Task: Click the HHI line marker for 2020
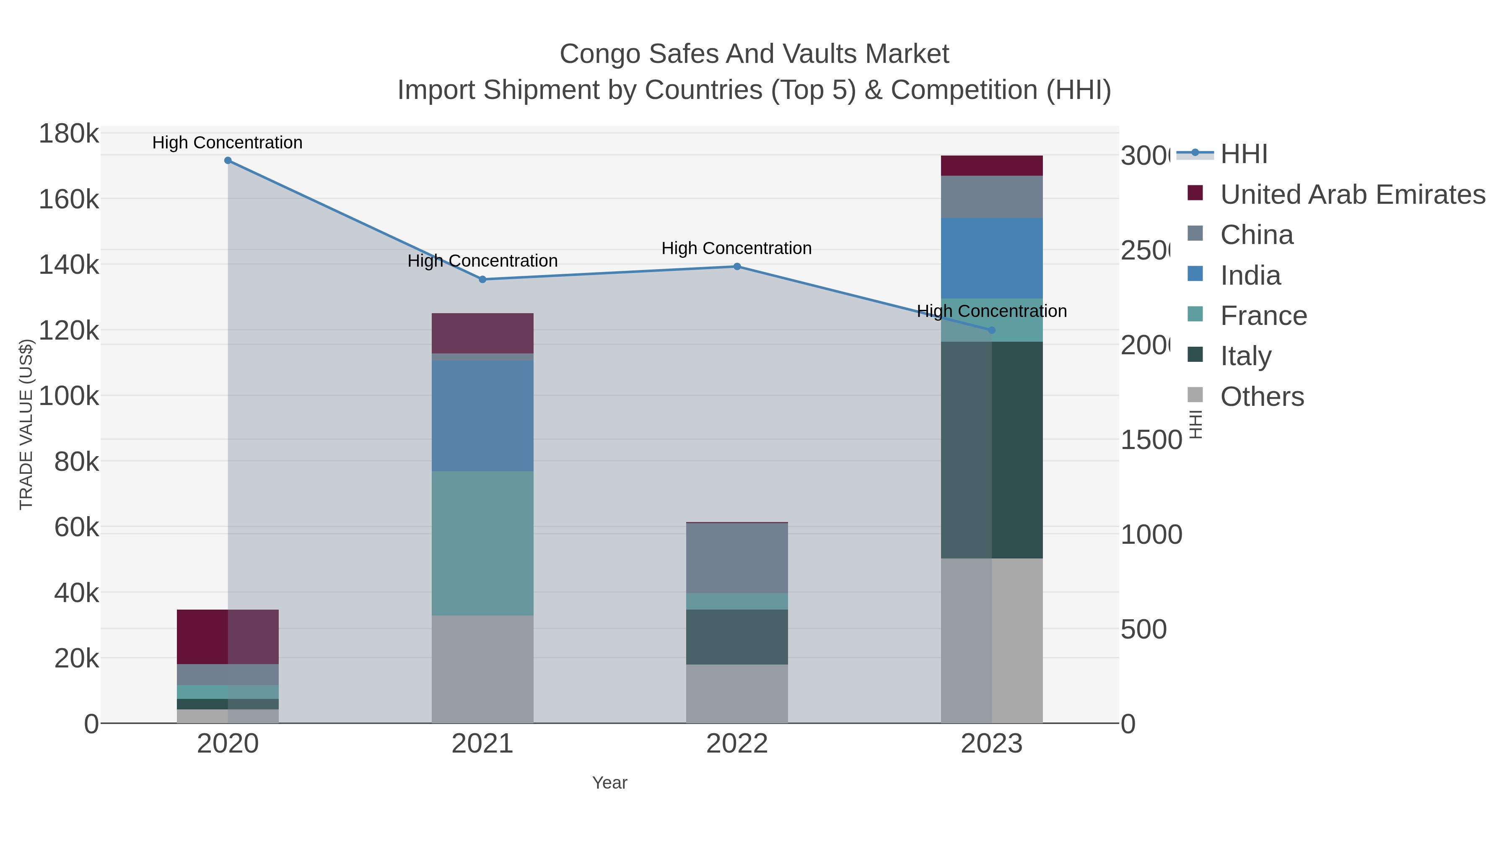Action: click(228, 161)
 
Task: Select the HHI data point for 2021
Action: click(483, 280)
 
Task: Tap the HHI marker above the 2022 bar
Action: click(737, 267)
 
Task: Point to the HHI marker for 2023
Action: click(992, 330)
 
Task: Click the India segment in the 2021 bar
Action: click(483, 415)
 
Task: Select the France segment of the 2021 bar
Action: click(483, 543)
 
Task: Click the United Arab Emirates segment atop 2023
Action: click(992, 166)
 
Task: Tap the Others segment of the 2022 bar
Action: click(737, 694)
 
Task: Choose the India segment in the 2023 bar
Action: click(992, 258)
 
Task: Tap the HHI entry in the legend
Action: click(1244, 154)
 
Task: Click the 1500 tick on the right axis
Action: click(1151, 440)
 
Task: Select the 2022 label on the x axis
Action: click(737, 744)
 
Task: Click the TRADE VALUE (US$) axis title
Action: click(26, 424)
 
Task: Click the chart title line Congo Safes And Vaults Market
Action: click(754, 54)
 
